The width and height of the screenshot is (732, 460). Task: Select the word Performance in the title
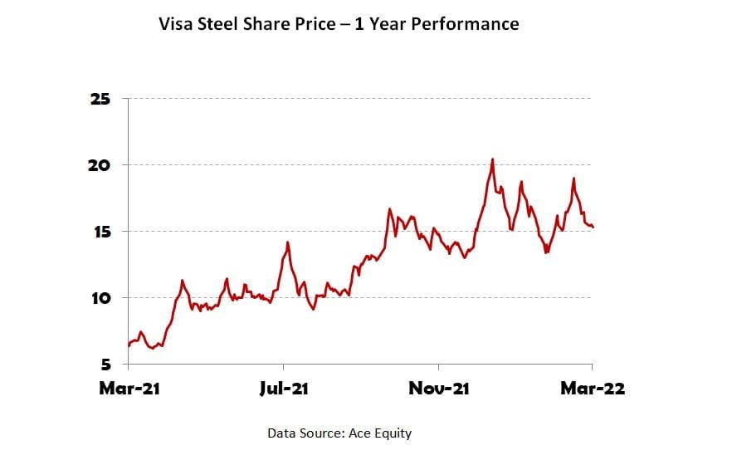(x=468, y=24)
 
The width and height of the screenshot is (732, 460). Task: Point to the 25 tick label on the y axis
(x=100, y=99)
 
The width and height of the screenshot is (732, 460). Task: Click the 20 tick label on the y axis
(x=100, y=165)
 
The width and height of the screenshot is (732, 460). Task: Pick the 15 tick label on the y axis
(x=100, y=231)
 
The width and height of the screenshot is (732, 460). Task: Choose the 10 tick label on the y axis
(x=100, y=297)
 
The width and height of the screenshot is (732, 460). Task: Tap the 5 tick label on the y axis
(x=105, y=364)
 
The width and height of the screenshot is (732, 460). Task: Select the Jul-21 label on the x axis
(x=284, y=389)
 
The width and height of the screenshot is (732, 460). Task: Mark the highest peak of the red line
(x=492, y=159)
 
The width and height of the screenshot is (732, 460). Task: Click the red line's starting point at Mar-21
(x=129, y=345)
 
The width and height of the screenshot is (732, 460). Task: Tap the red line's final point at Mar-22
(x=593, y=227)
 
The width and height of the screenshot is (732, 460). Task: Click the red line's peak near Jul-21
(x=287, y=242)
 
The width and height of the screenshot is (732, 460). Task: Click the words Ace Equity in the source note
(x=382, y=433)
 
